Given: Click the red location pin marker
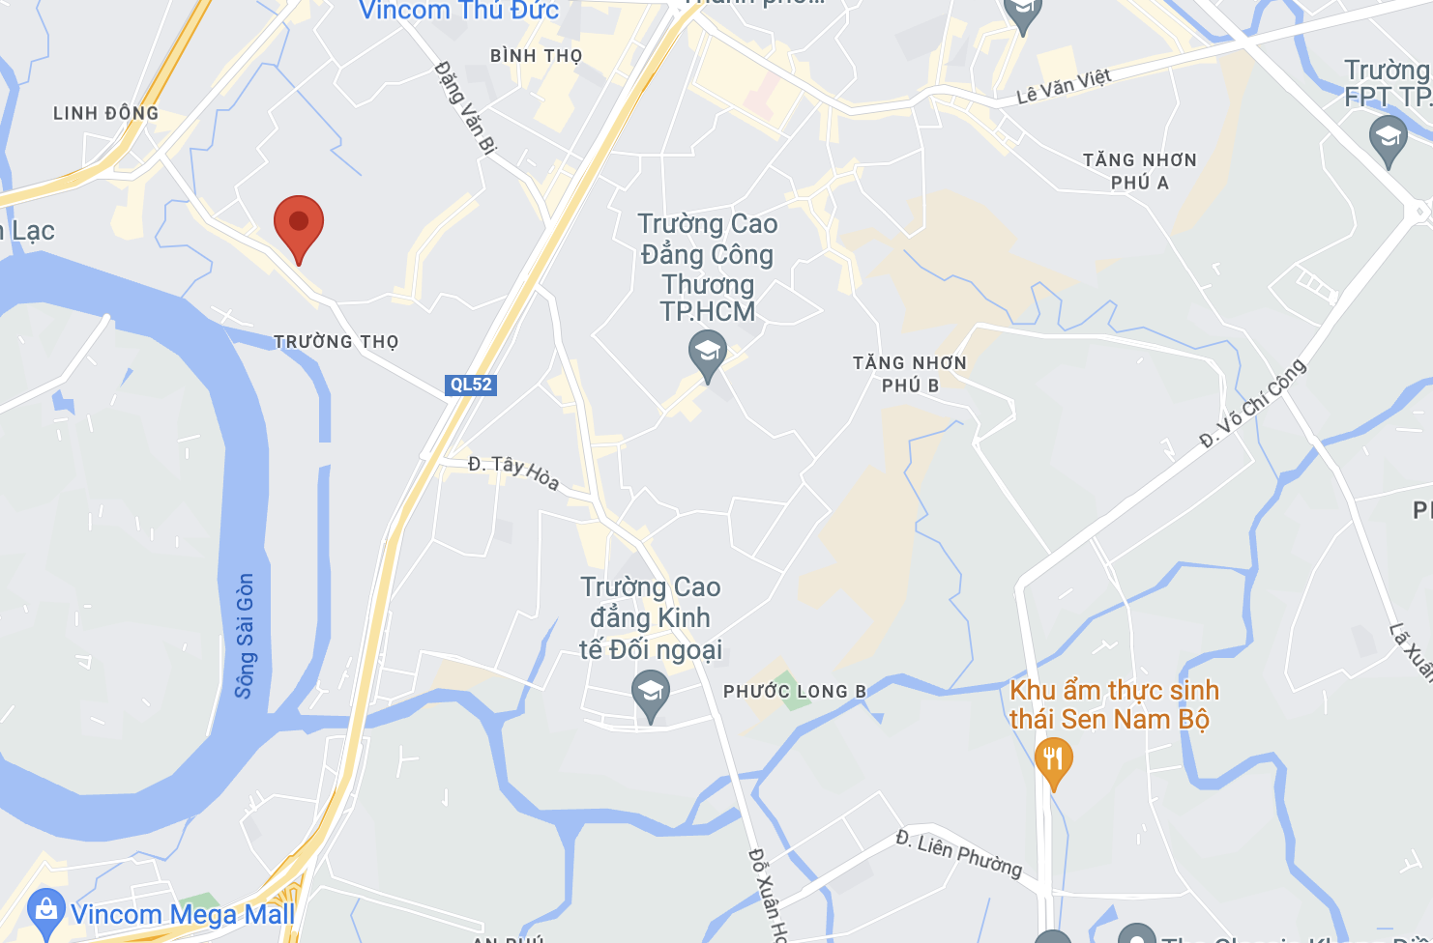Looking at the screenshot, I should (x=299, y=225).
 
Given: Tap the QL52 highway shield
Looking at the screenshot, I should (x=471, y=385).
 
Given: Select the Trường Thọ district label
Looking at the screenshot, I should (x=336, y=342).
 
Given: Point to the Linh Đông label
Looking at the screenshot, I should (x=105, y=113).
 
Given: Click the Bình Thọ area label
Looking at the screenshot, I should (x=536, y=56).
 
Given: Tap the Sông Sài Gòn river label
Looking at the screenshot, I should (x=245, y=635).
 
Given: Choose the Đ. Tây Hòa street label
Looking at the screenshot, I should (x=513, y=471).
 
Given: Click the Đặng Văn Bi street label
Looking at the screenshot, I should (x=465, y=107).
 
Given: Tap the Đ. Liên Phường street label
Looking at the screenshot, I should (x=958, y=853).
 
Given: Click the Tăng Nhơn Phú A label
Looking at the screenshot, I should (x=1139, y=171).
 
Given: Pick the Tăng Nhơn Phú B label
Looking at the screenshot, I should (x=909, y=374).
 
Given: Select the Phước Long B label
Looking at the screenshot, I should (x=794, y=692).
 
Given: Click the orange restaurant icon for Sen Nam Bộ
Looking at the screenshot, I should (x=1053, y=760).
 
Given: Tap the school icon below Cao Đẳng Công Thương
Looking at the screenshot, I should (x=708, y=353).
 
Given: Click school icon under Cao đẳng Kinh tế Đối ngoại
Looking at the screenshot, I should (x=651, y=693).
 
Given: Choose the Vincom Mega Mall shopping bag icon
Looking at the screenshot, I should (x=46, y=910).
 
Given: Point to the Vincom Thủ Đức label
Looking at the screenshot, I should (x=458, y=11).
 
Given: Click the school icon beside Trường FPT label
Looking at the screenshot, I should (x=1388, y=137).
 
